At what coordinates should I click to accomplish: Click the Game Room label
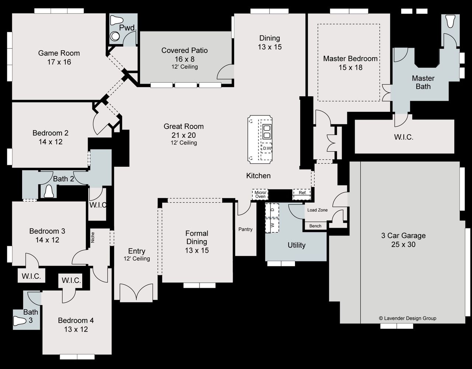[x=59, y=58]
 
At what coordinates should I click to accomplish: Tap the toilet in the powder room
[x=117, y=20]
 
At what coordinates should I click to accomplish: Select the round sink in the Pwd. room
[x=115, y=36]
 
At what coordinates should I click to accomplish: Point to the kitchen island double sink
[x=267, y=131]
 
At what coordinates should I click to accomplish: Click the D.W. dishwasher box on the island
[x=267, y=148]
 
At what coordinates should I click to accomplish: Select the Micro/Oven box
[x=260, y=194]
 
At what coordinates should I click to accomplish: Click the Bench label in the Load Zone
[x=315, y=226]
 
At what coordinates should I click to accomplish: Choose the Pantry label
[x=245, y=230]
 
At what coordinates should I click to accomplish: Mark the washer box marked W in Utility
[x=272, y=225]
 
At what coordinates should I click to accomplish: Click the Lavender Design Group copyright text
[x=407, y=318]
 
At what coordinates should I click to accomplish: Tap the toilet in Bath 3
[x=20, y=321]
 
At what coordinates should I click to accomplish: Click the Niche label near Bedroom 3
[x=93, y=237]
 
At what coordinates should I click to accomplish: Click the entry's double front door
[x=136, y=293]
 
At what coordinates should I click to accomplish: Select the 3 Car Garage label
[x=403, y=240]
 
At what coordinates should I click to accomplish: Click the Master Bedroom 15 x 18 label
[x=350, y=63]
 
